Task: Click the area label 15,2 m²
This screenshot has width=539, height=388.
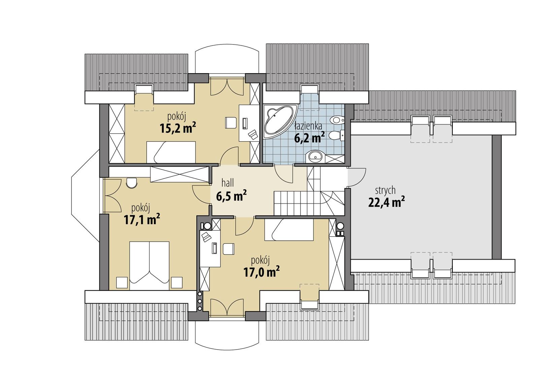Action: [x=178, y=128]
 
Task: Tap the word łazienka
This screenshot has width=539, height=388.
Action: [x=308, y=126]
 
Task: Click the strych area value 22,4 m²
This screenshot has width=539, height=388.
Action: [x=386, y=202]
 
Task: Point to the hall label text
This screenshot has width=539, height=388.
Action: [x=227, y=183]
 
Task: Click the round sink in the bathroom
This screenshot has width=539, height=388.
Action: [x=316, y=156]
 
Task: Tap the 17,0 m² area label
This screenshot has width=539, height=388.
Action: [x=261, y=271]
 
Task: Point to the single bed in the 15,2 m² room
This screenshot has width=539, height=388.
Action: [x=171, y=152]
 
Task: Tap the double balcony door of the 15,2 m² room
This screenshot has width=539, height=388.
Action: [x=227, y=87]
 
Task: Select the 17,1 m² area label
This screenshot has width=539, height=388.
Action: [x=141, y=219]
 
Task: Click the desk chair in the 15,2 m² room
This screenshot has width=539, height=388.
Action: [x=231, y=122]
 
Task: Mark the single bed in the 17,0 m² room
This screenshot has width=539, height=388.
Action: [x=289, y=230]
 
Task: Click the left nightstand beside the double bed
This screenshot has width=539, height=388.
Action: [x=122, y=282]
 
